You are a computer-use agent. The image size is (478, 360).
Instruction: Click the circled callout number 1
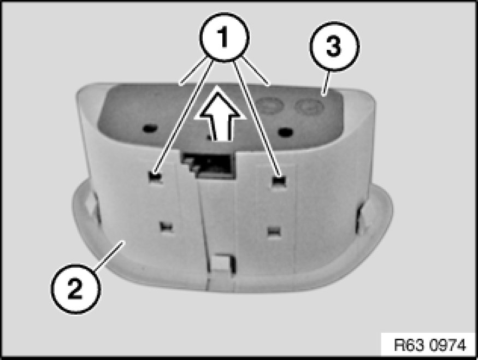(x=225, y=37)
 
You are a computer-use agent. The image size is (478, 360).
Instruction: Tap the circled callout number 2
(x=75, y=288)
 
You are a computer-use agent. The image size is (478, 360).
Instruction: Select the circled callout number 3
(x=334, y=46)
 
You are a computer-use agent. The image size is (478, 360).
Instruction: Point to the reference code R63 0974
(x=430, y=345)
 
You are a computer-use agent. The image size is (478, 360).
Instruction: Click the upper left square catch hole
(x=155, y=177)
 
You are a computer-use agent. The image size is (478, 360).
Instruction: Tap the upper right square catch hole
(x=279, y=181)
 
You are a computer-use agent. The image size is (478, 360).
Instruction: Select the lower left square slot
(x=166, y=227)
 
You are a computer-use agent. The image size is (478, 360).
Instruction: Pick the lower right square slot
(x=274, y=231)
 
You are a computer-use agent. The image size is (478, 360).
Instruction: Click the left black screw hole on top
(x=150, y=129)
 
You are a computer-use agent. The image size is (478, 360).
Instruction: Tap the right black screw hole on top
(x=285, y=132)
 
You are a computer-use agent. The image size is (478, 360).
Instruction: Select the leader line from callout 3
(x=326, y=82)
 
